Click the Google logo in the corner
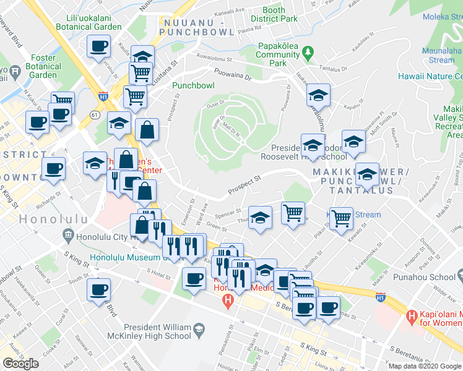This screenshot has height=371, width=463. point(20,364)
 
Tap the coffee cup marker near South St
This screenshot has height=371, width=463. point(99,289)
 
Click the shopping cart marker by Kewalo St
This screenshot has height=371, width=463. point(341,218)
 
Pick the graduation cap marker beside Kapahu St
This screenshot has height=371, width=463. point(318,95)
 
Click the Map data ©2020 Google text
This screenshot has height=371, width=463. point(425,366)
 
